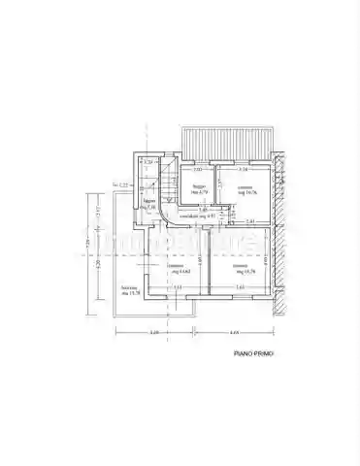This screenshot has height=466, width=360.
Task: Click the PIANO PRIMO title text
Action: [251, 355]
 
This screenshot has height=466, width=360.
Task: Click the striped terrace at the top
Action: [227, 143]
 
